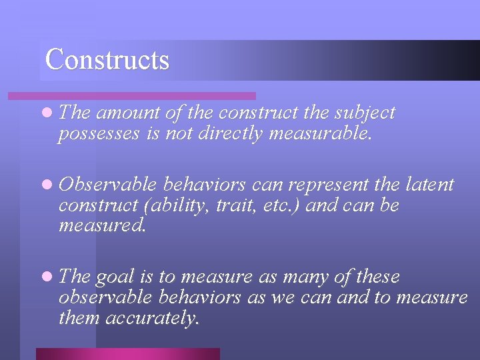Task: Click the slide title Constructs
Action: (107, 59)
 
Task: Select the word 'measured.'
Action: (101, 226)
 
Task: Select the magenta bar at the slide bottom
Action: (127, 354)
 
